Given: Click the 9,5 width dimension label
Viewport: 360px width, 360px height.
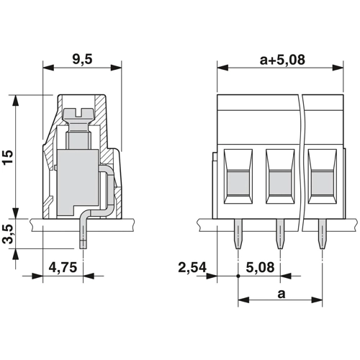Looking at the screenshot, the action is (82, 59).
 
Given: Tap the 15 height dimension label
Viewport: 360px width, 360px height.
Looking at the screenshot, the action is (9, 157).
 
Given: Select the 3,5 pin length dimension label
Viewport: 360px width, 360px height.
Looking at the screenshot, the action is (9, 234).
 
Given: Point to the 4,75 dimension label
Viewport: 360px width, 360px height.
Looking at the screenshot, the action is (63, 267).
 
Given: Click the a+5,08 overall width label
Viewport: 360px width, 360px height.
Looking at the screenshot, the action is (282, 60).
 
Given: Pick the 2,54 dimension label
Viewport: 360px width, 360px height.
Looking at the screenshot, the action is (192, 267).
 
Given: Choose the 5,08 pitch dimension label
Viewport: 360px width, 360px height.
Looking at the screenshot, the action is (260, 267).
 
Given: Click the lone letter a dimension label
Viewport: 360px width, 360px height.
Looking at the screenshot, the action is (282, 294).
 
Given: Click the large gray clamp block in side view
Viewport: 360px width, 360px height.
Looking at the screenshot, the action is (78, 181).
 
